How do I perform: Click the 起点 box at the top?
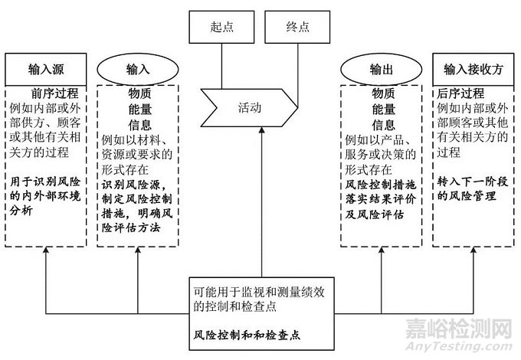221,26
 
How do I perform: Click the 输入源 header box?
48,68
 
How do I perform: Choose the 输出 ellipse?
382,69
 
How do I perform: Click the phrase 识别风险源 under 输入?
126,183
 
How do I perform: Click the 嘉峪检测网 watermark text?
460,329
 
